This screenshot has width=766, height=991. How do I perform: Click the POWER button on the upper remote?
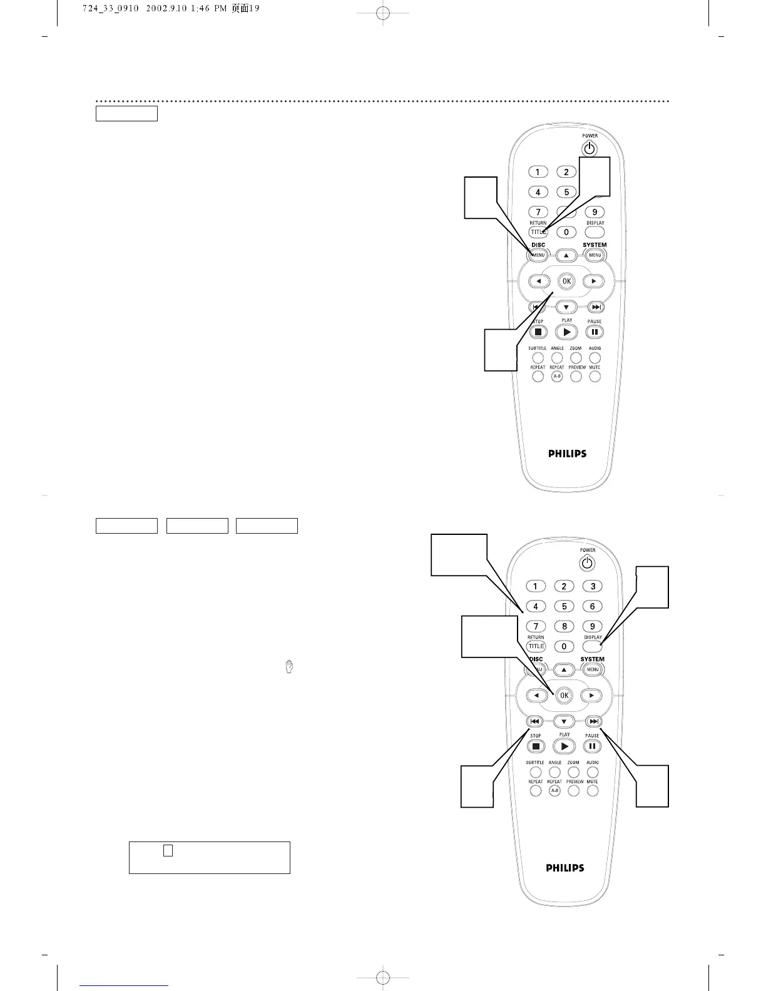pyautogui.click(x=589, y=150)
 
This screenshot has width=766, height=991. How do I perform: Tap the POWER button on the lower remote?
pyautogui.click(x=586, y=564)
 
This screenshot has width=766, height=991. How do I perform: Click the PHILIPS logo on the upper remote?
pyautogui.click(x=567, y=454)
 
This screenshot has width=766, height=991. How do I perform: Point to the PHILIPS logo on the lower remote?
pyautogui.click(x=565, y=868)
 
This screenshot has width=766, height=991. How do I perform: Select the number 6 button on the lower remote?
pyautogui.click(x=592, y=606)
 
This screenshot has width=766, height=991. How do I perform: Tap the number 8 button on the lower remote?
pyautogui.click(x=564, y=626)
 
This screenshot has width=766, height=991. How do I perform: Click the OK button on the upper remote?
pyautogui.click(x=566, y=281)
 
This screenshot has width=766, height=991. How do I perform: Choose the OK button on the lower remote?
pyautogui.click(x=564, y=695)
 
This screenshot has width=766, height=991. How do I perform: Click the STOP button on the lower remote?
pyautogui.click(x=536, y=746)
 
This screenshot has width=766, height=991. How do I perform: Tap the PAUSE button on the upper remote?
pyautogui.click(x=595, y=332)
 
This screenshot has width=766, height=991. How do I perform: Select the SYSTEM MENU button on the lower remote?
pyautogui.click(x=592, y=669)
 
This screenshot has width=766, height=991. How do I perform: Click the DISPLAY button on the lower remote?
pyautogui.click(x=592, y=646)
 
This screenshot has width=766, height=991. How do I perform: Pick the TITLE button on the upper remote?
pyautogui.click(x=538, y=232)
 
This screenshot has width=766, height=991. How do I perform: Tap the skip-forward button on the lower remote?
pyautogui.click(x=595, y=721)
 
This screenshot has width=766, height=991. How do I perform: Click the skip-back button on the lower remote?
pyautogui.click(x=535, y=721)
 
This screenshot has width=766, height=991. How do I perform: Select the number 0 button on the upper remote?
pyautogui.click(x=566, y=232)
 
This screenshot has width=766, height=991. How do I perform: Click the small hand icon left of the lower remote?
pyautogui.click(x=289, y=667)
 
